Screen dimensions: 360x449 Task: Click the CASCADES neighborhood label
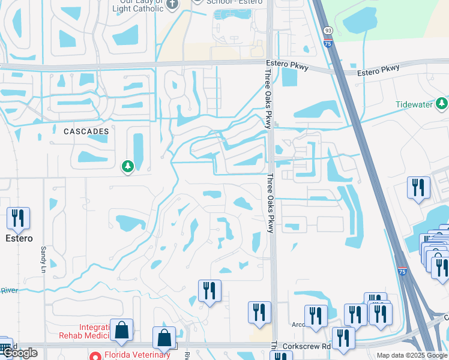point(86,131)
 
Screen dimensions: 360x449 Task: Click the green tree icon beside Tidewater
point(442,104)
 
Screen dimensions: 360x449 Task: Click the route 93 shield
point(327,30)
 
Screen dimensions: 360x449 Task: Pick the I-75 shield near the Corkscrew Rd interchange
point(402,271)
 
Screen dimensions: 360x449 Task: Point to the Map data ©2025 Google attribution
point(412,355)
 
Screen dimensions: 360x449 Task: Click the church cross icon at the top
point(173,4)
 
